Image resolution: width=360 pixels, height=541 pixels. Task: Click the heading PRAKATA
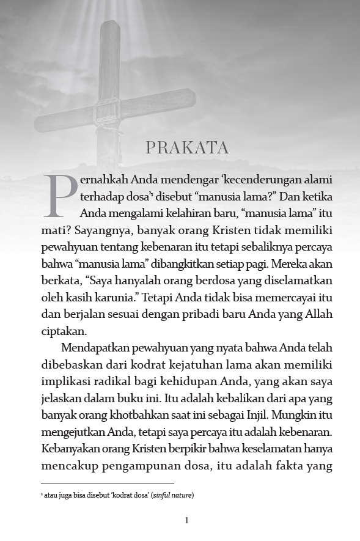(x=186, y=148)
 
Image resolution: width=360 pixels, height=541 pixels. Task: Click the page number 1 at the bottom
(x=186, y=521)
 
